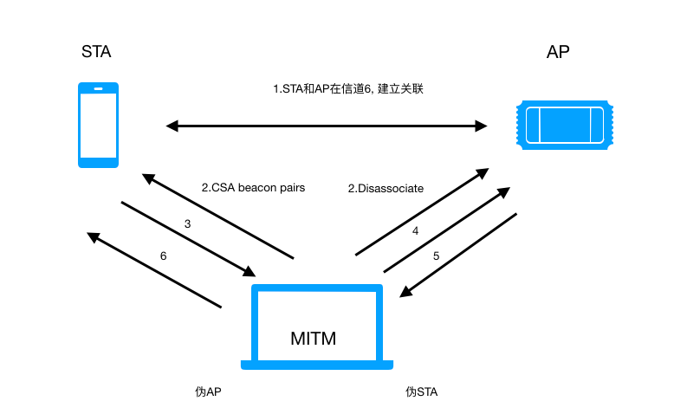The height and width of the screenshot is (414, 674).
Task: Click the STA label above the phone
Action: click(95, 52)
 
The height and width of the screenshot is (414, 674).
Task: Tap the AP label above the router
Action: click(559, 53)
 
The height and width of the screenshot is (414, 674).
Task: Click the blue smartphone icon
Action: click(98, 125)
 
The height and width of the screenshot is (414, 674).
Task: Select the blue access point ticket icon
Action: click(566, 124)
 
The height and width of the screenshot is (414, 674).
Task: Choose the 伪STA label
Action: click(422, 391)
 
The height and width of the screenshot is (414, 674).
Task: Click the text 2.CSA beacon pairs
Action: click(253, 187)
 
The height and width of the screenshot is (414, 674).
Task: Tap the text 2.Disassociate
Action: click(386, 187)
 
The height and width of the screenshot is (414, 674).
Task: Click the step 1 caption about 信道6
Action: click(347, 89)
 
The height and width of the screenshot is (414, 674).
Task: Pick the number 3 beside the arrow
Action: click(188, 223)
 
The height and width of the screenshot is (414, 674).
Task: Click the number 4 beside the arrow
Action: click(415, 230)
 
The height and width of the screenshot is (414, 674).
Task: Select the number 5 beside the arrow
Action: click(436, 256)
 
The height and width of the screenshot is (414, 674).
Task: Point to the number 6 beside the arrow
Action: click(164, 256)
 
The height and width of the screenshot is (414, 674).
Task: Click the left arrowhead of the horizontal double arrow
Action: click(171, 126)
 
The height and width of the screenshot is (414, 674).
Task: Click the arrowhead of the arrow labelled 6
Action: click(92, 236)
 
